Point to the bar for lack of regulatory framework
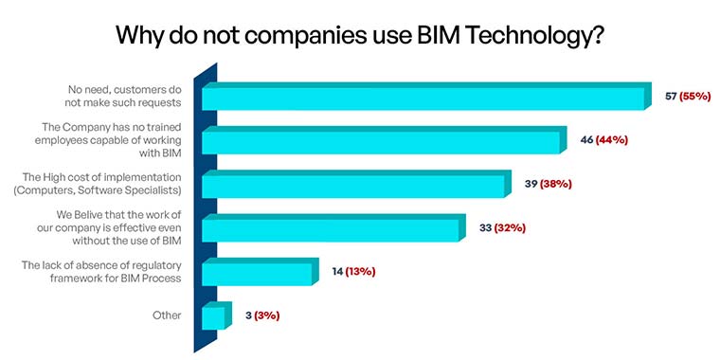pyautogui.click(x=256, y=273)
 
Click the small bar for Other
pyautogui.click(x=213, y=316)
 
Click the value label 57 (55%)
pyautogui.click(x=689, y=97)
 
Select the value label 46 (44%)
pyautogui.click(x=603, y=139)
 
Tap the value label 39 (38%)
pyautogui.click(x=548, y=184)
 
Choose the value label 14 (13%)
pyautogui.click(x=353, y=271)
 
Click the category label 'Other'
pyautogui.click(x=167, y=315)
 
